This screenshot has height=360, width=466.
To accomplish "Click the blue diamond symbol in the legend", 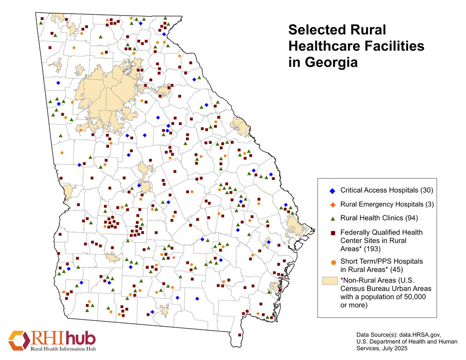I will click(332, 190).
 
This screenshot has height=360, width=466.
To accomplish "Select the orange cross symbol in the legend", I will click(332, 204).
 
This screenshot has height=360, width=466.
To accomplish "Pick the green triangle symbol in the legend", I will click(332, 217).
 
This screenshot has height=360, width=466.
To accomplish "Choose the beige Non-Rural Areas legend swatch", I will click(330, 280).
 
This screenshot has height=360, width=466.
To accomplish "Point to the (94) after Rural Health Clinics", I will click(409, 217).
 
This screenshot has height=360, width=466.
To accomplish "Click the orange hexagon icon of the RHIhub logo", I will click(19, 340).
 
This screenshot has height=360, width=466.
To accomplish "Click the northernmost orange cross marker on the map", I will click(107, 20).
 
